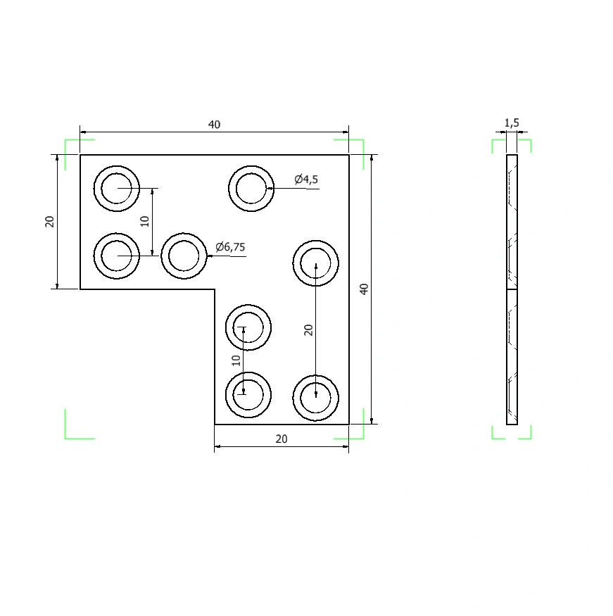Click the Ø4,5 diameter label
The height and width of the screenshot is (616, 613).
[306, 180]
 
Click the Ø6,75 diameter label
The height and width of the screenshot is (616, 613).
[230, 247]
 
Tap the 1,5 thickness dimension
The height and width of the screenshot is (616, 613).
[512, 123]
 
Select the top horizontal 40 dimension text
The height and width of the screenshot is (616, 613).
[214, 125]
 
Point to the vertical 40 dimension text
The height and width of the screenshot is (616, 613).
[364, 289]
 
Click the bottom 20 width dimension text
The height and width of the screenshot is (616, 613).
[282, 439]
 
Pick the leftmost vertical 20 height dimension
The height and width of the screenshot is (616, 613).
[49, 222]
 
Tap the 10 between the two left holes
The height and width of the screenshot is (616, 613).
[145, 222]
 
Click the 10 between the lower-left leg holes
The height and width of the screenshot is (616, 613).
[236, 360]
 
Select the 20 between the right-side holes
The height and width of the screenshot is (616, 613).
[309, 330]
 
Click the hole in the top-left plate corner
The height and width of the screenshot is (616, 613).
[117, 189]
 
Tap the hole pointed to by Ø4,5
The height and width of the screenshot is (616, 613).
[251, 189]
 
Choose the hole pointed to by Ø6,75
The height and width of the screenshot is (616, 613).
[184, 256]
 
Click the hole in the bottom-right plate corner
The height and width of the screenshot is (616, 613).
[316, 398]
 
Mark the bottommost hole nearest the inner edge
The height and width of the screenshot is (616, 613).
[248, 394]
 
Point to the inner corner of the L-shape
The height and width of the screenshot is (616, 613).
[215, 289]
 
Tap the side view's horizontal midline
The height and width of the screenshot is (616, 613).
[512, 289]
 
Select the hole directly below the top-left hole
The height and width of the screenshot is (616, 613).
[117, 256]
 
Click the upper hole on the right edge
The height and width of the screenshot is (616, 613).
[316, 263]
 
